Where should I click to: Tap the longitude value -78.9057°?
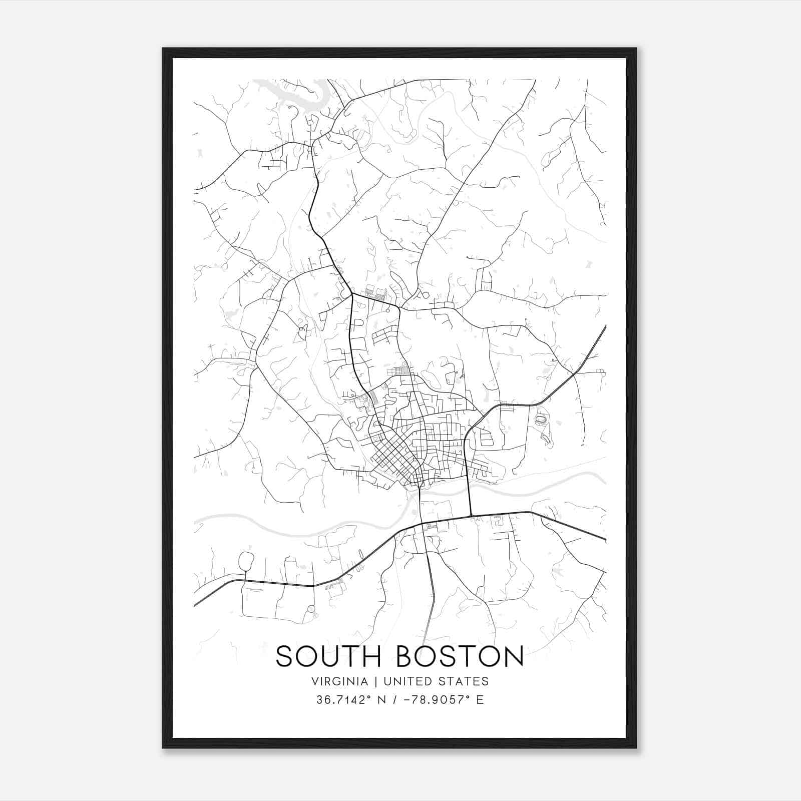430,700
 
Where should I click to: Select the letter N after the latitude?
381,700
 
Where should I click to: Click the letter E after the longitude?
480,700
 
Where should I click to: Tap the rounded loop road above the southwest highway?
246,561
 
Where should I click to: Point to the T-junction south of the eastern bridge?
471,515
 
